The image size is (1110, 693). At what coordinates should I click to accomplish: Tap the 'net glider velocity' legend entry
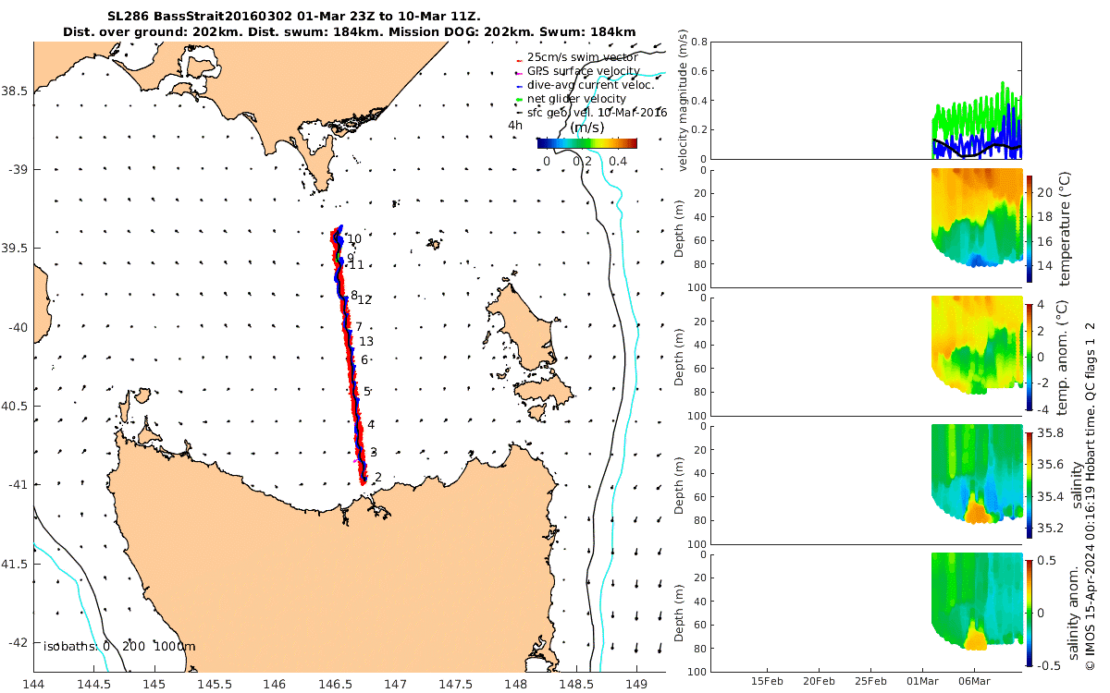pos(583,99)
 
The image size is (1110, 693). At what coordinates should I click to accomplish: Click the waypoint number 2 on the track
pos(378,478)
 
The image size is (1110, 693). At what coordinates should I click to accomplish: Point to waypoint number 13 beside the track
pos(366,341)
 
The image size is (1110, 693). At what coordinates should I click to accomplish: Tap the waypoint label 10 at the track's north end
pos(354,238)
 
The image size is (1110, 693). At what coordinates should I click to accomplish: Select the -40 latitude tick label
pos(16,327)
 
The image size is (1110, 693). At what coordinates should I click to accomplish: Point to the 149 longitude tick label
pos(636,685)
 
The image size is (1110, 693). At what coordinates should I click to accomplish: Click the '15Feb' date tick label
pos(769,681)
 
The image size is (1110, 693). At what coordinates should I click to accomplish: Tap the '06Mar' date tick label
pos(975,681)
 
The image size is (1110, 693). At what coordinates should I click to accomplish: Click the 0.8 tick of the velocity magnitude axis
pos(698,43)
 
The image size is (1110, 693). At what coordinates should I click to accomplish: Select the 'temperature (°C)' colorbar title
pos(1064,228)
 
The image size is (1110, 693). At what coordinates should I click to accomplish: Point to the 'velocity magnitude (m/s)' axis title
pos(684,101)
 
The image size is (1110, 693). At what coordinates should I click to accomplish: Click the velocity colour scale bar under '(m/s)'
pos(586,143)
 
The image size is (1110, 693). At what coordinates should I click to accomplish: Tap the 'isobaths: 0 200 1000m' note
pos(119,647)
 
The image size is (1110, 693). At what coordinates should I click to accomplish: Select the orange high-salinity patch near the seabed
pos(975,509)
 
